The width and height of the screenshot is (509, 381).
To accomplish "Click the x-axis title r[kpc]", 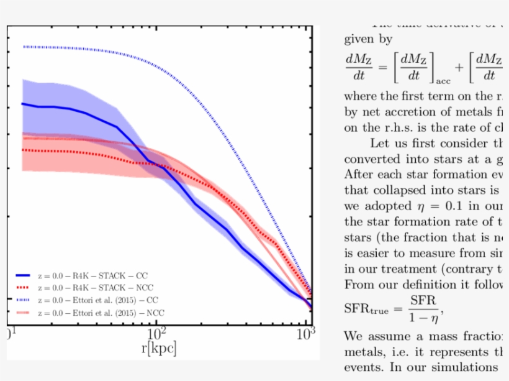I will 159,348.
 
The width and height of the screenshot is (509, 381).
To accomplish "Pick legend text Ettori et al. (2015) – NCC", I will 100,312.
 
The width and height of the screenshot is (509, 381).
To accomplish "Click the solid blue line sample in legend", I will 23,275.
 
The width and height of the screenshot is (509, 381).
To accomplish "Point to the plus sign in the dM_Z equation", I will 459,67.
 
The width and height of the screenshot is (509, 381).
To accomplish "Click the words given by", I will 368,39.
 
